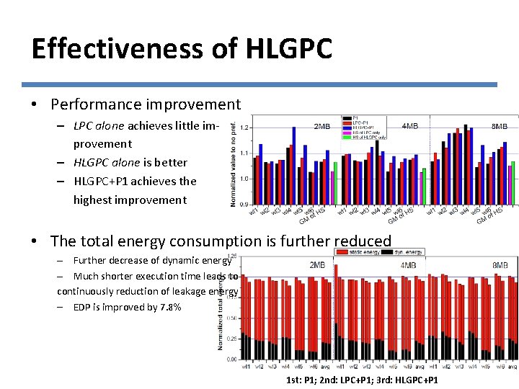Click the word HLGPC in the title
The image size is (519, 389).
point(290,49)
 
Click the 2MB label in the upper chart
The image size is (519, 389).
point(321,126)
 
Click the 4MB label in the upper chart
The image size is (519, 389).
point(409,126)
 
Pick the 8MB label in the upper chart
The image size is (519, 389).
point(499,126)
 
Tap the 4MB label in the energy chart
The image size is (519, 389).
point(408,265)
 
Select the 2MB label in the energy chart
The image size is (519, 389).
point(317,265)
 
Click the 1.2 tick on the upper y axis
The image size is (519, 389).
point(244,128)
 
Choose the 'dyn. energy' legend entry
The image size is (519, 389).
point(408,252)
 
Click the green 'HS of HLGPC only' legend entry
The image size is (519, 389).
point(368,137)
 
